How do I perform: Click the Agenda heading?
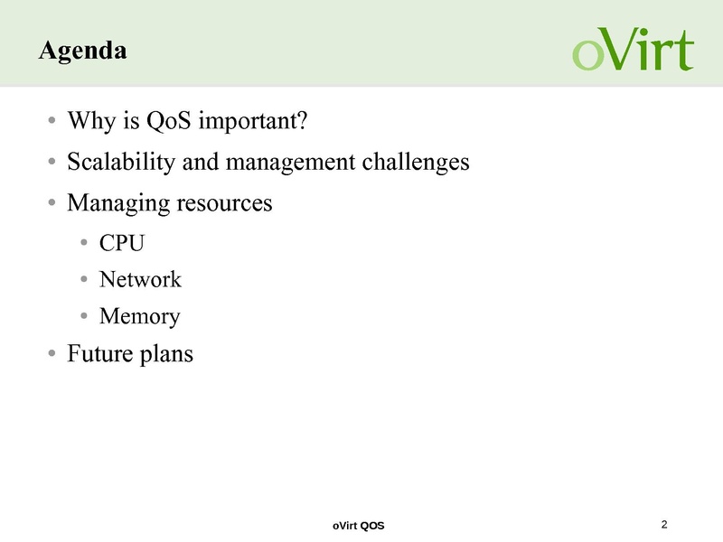point(83,51)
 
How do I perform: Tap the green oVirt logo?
point(634,49)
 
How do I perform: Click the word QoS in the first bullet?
point(168,121)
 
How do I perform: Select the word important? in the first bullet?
point(253,122)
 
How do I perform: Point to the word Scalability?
point(121,163)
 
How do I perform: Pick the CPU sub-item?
point(122,243)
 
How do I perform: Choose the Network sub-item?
point(140,279)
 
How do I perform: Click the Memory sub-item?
point(140,317)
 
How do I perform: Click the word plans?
point(166,354)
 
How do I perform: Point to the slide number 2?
point(664,525)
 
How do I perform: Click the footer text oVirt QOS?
point(358,526)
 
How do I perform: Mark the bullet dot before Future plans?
point(52,353)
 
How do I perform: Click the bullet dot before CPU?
point(84,242)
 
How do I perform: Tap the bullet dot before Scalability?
point(52,162)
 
